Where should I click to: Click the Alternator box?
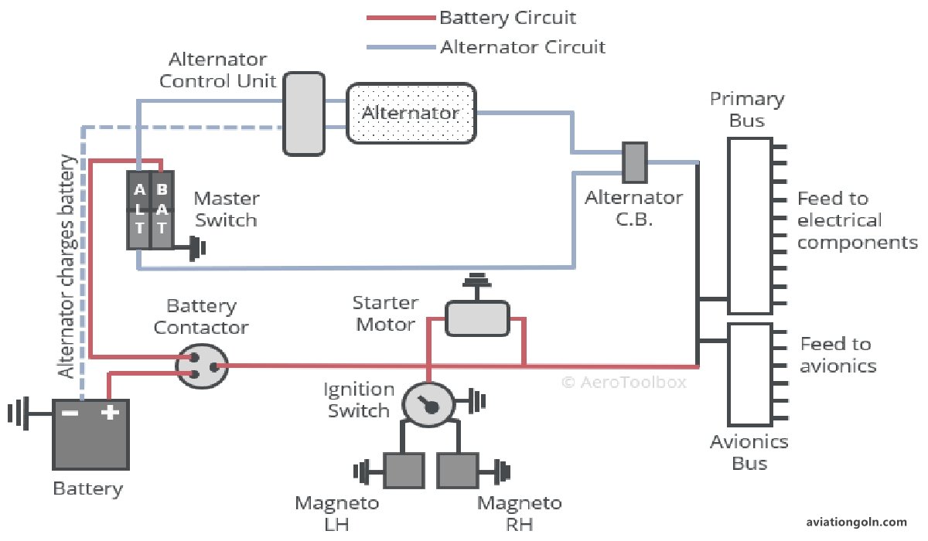click(x=411, y=114)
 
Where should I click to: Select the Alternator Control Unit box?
click(x=303, y=114)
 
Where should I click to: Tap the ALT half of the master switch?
click(x=139, y=209)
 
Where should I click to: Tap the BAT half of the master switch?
click(x=161, y=209)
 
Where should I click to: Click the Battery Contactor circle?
click(x=201, y=366)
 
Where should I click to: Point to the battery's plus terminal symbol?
click(x=110, y=413)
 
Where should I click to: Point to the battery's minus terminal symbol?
click(x=70, y=413)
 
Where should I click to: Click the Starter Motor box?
click(x=477, y=318)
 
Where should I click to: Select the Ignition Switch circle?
click(x=427, y=403)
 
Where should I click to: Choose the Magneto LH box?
click(x=404, y=471)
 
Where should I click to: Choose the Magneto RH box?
click(x=458, y=471)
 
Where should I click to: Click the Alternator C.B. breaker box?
click(x=634, y=161)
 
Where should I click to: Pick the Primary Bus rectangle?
click(x=749, y=226)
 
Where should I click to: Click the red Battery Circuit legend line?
click(x=401, y=18)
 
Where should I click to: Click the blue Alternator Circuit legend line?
click(x=401, y=47)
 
